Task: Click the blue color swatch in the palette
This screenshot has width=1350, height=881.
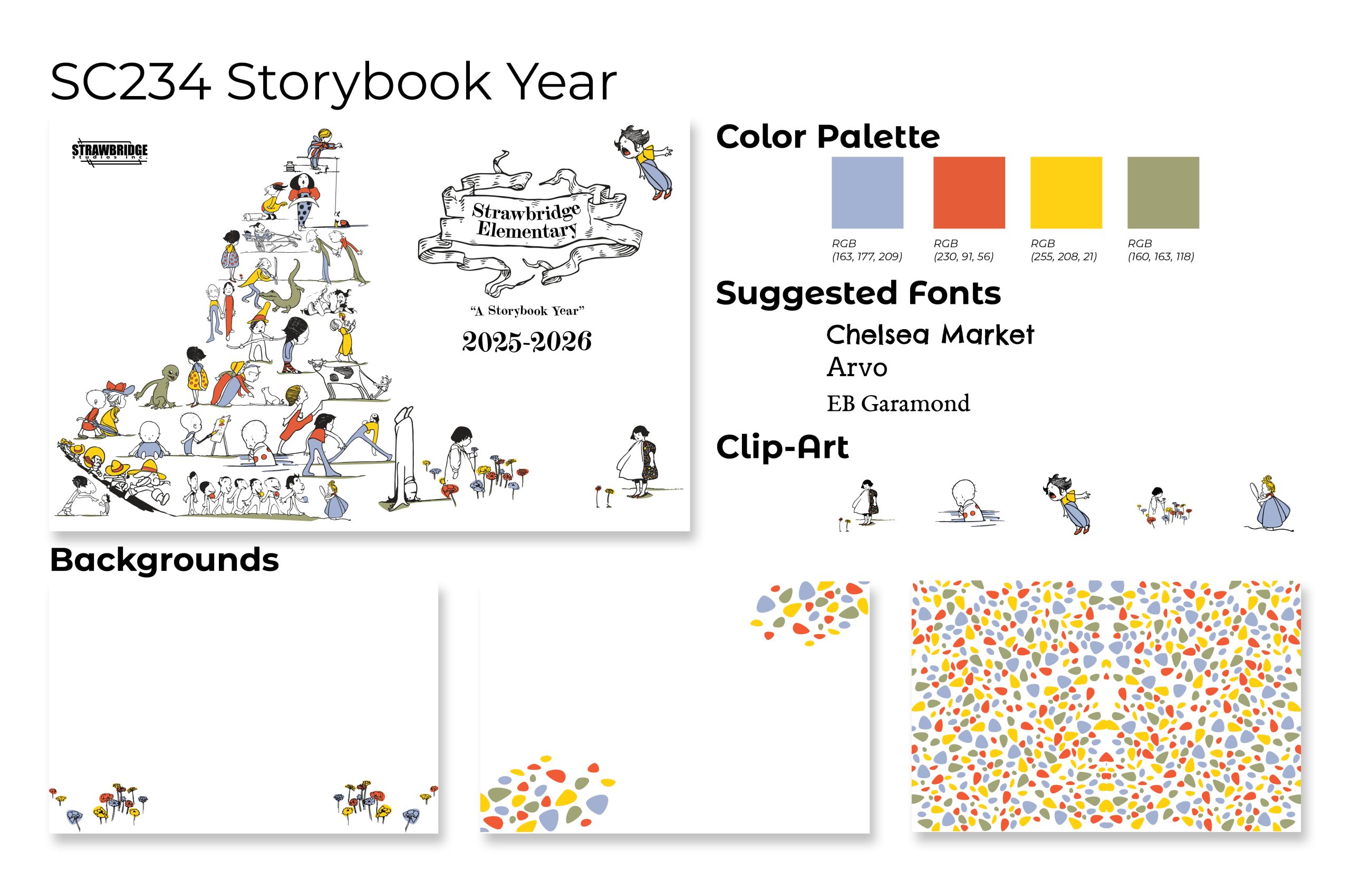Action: [867, 193]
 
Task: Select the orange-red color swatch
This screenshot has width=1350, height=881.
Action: [969, 193]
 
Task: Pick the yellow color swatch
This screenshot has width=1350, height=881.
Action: [1066, 193]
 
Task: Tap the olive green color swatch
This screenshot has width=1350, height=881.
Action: [1163, 193]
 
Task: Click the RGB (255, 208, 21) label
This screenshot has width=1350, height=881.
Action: [1064, 250]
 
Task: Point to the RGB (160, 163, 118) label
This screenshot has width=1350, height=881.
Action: [1161, 250]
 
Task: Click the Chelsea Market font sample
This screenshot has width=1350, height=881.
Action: [930, 334]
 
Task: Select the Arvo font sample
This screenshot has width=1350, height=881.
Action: [857, 367]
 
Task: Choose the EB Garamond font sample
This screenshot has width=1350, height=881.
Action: [899, 404]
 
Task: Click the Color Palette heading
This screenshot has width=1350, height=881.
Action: [827, 137]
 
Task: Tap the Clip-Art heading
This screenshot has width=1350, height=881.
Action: [782, 447]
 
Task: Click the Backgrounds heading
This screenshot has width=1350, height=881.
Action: [165, 560]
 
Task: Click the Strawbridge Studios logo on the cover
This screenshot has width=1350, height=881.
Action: [110, 152]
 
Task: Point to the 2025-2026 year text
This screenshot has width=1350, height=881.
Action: [526, 341]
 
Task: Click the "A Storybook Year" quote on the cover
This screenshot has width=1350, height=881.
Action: [526, 311]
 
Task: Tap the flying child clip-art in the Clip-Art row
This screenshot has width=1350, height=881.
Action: [1065, 504]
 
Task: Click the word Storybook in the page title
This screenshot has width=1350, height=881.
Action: [359, 82]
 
